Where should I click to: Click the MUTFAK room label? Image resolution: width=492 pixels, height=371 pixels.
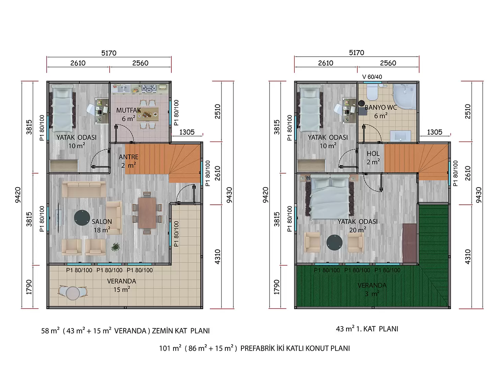(128, 110)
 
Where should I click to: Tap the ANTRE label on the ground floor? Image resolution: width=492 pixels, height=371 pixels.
(128, 157)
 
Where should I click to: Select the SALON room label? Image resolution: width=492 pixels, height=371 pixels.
(102, 222)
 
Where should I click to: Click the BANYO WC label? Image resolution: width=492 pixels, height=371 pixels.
(381, 108)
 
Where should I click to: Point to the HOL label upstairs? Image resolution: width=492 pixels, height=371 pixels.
(373, 154)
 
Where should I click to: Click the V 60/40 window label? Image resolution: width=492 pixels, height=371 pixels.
(372, 77)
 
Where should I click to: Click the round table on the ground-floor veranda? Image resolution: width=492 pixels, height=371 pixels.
(73, 293)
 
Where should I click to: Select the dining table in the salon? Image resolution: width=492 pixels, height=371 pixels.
(147, 213)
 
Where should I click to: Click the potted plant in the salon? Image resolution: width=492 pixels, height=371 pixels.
(115, 247)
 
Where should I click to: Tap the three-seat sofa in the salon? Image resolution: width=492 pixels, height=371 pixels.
(84, 189)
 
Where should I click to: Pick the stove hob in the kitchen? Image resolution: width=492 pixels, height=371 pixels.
(149, 89)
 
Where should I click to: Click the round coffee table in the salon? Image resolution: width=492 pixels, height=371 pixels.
(82, 218)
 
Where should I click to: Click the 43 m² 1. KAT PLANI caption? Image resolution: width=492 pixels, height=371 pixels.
(367, 329)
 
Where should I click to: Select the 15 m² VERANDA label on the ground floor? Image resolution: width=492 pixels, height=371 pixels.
(122, 285)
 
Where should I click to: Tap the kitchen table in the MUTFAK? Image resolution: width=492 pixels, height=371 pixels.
(148, 114)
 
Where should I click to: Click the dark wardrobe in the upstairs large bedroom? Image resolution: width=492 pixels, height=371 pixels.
(410, 243)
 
